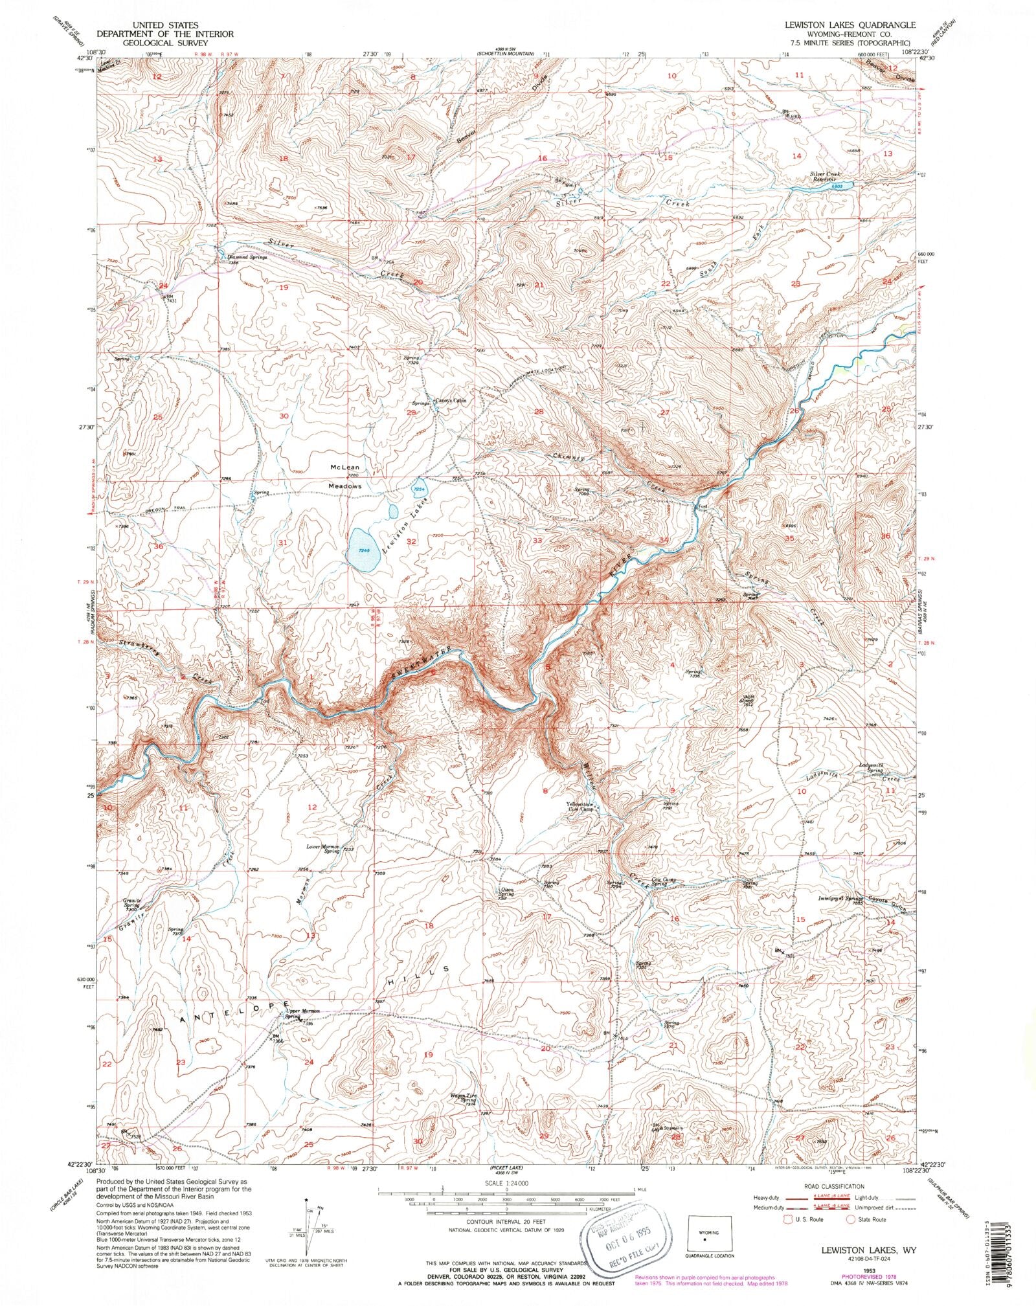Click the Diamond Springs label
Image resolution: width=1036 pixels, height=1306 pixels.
pyautogui.click(x=243, y=257)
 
